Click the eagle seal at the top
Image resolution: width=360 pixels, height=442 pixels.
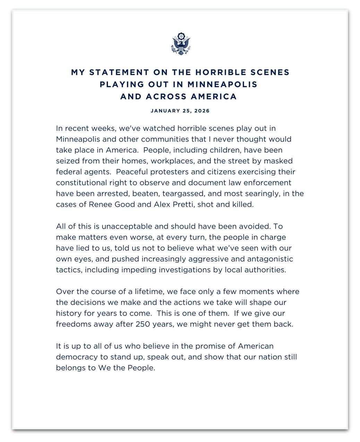coord(180,44)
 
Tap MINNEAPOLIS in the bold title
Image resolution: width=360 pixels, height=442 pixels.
coord(222,84)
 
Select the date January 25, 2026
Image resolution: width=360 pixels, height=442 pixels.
coord(180,111)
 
